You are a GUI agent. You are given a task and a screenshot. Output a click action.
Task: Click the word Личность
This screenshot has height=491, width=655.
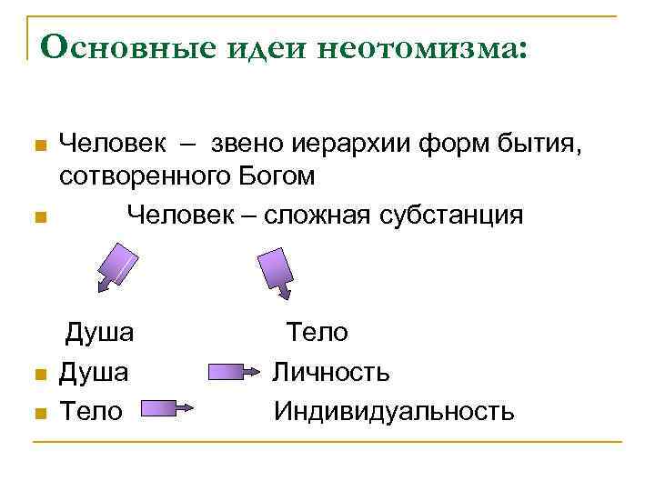tap(331, 372)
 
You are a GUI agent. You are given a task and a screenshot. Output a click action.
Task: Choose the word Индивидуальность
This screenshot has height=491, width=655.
tap(393, 411)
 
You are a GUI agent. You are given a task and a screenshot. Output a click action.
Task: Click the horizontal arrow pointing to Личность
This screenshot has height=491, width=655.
tap(236, 372)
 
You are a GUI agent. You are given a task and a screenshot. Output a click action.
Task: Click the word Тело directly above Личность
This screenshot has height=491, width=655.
tap(317, 333)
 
